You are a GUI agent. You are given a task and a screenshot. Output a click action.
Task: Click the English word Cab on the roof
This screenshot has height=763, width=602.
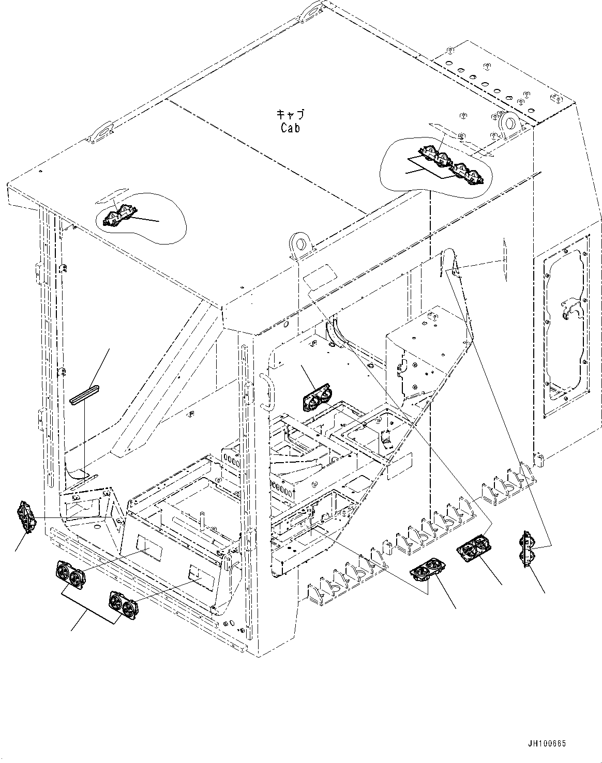(x=290, y=128)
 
